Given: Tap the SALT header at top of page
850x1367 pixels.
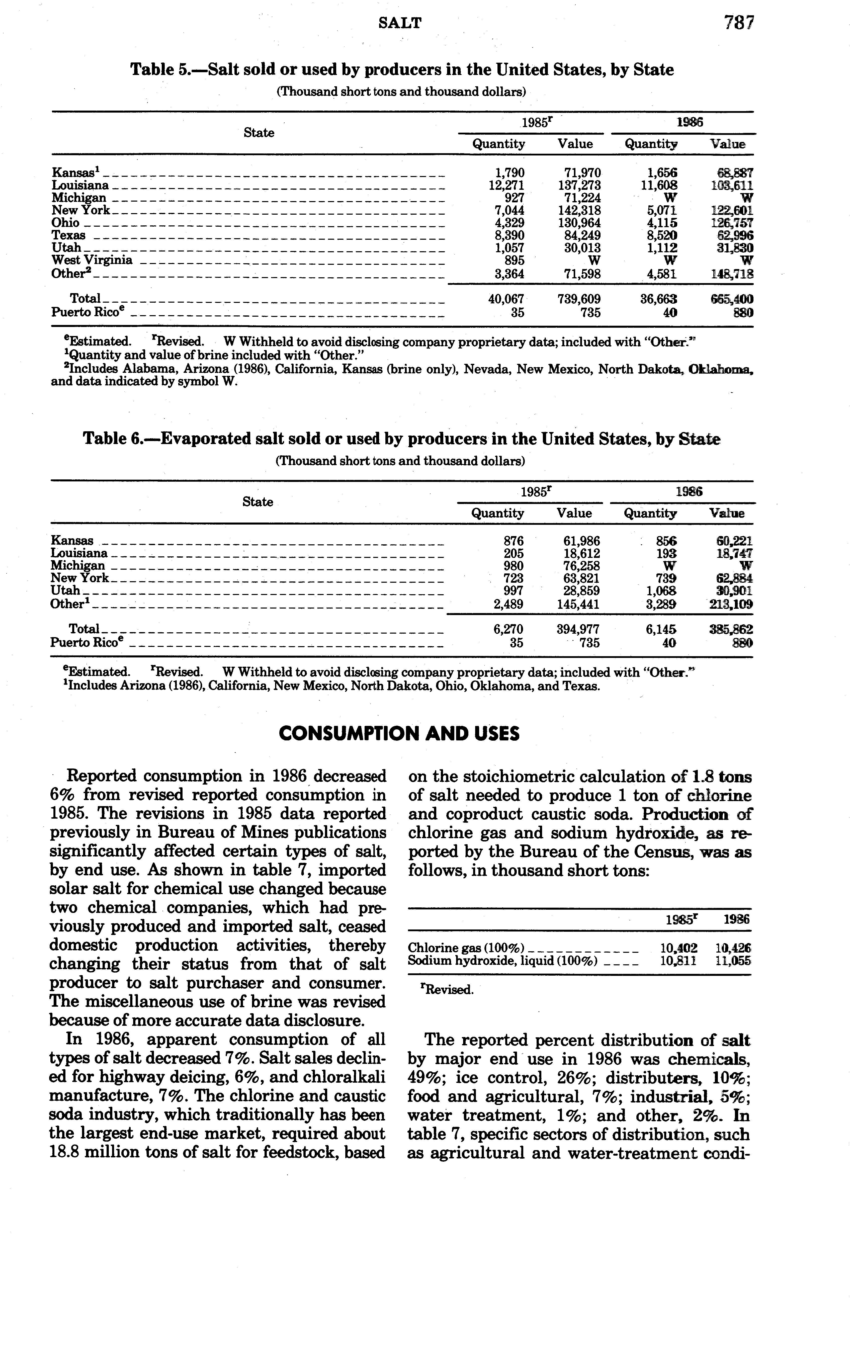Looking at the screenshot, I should (x=400, y=23).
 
